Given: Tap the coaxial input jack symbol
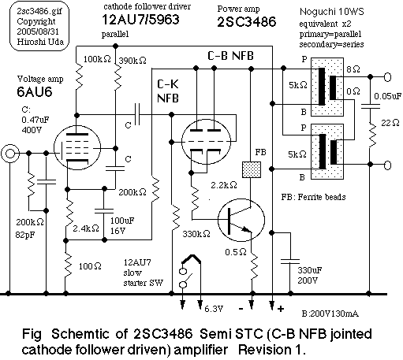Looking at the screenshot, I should point(12,154).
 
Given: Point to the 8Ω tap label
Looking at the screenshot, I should point(356,69).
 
